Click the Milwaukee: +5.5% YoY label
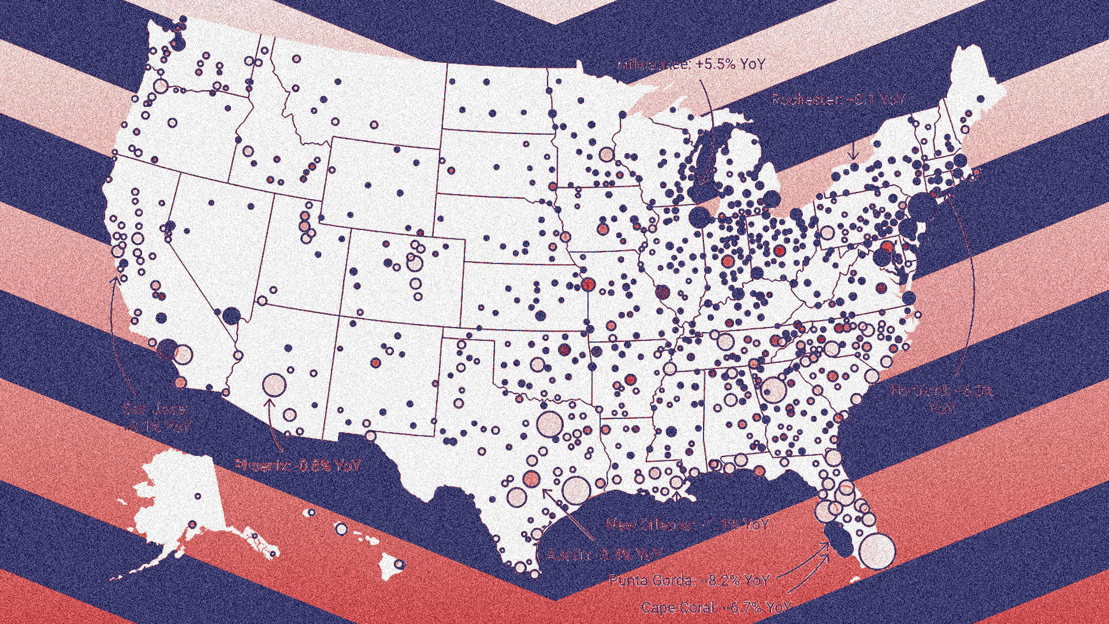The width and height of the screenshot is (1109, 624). (x=691, y=65)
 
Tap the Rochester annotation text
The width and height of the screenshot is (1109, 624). (x=838, y=100)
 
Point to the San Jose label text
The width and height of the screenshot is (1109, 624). (x=156, y=418)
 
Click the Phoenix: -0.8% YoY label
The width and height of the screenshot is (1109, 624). (x=298, y=465)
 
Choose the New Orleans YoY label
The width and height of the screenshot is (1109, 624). (x=687, y=525)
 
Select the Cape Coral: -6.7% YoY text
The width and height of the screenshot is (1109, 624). (x=716, y=608)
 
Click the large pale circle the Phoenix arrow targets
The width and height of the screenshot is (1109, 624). (x=274, y=385)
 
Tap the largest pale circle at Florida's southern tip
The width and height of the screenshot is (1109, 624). (x=878, y=551)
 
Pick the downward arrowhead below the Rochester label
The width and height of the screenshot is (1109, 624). (x=853, y=156)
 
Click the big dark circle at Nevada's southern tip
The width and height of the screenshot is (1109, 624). (x=231, y=315)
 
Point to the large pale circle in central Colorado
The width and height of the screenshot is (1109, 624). (x=414, y=263)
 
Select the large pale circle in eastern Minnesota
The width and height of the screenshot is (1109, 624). (x=606, y=154)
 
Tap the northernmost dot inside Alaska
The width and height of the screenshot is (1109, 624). (x=198, y=496)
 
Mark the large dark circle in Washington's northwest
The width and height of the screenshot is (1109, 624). (x=178, y=43)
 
